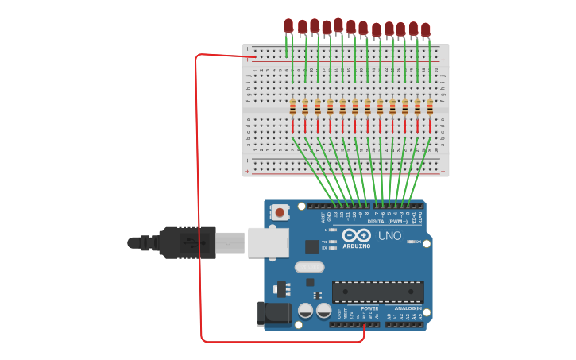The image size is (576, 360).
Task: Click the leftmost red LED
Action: [x=288, y=25]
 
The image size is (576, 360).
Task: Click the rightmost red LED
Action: [x=426, y=29]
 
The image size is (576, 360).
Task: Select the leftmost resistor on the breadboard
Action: [x=292, y=107]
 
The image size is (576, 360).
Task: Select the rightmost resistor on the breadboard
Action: [x=431, y=107]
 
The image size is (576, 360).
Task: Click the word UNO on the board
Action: [x=389, y=236]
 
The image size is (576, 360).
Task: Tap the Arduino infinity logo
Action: [x=357, y=235]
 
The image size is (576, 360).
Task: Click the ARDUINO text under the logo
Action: [x=357, y=246]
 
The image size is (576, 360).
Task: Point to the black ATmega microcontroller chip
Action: [x=377, y=292]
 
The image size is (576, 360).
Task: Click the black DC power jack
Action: [x=275, y=313]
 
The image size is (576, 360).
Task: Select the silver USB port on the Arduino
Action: [x=268, y=242]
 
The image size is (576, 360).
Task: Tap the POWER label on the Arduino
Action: [x=369, y=308]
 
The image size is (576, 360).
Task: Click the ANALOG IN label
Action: [x=408, y=308]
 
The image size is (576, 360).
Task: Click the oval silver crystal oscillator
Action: [x=309, y=267]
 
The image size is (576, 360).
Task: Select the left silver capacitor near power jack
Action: [x=305, y=311]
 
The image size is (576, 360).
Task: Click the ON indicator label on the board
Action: [x=417, y=242]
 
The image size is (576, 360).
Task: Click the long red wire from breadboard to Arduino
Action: [x=199, y=199]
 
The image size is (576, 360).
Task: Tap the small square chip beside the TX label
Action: [x=311, y=246]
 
